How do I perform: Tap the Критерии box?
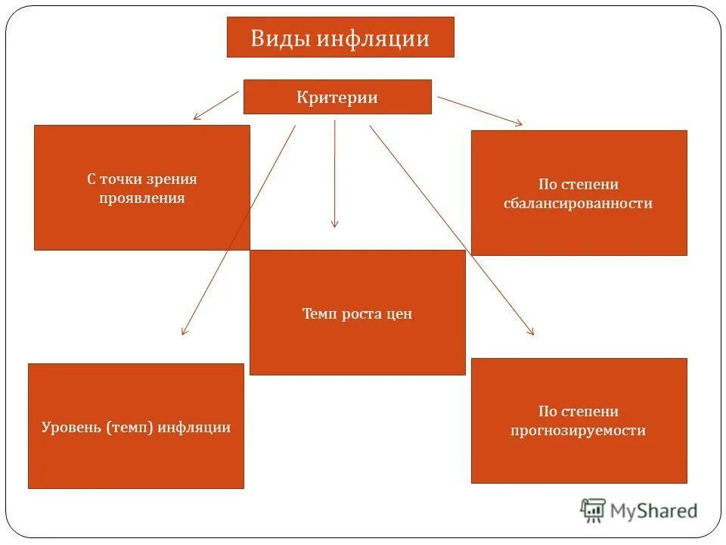click(337, 97)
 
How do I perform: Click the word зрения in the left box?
click(172, 179)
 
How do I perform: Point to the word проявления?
click(141, 198)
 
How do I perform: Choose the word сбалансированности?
click(578, 204)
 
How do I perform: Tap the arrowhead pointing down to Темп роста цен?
click(335, 224)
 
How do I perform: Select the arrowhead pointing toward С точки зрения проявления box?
click(197, 117)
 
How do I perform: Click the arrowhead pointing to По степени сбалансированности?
click(518, 123)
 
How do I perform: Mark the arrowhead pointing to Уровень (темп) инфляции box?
click(183, 332)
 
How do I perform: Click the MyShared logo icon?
click(593, 510)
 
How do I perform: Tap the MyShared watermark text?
click(654, 511)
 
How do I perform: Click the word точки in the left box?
click(123, 179)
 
